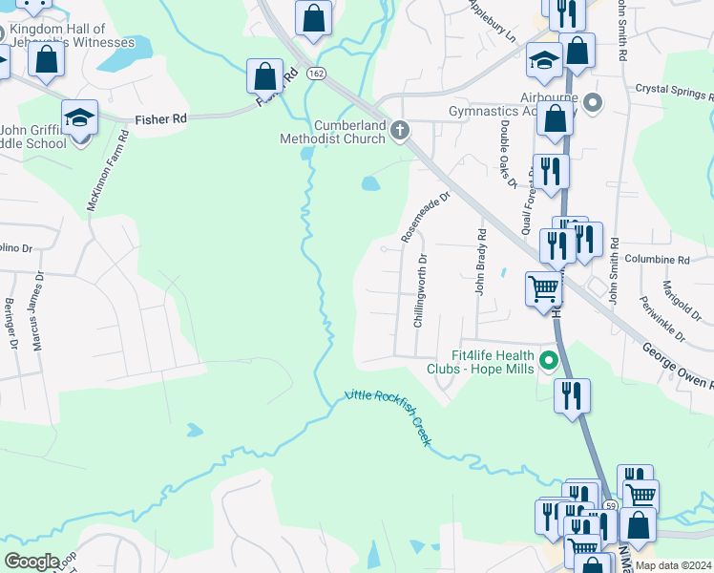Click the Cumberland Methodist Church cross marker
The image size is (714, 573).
pyautogui.click(x=400, y=130)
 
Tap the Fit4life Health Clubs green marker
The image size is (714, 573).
pyautogui.click(x=549, y=360)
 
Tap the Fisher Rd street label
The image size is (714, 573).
pyautogui.click(x=160, y=120)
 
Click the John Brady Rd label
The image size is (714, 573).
pyautogui.click(x=482, y=262)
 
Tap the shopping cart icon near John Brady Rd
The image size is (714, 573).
pyautogui.click(x=544, y=287)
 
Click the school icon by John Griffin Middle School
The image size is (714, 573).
pyautogui.click(x=80, y=118)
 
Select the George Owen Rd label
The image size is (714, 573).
pyautogui.click(x=676, y=368)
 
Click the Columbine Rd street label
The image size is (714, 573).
pyautogui.click(x=656, y=259)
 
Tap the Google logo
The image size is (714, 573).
pyautogui.click(x=31, y=562)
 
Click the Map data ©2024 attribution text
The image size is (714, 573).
pyautogui.click(x=673, y=565)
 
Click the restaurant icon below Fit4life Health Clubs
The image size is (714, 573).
pyautogui.click(x=572, y=395)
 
